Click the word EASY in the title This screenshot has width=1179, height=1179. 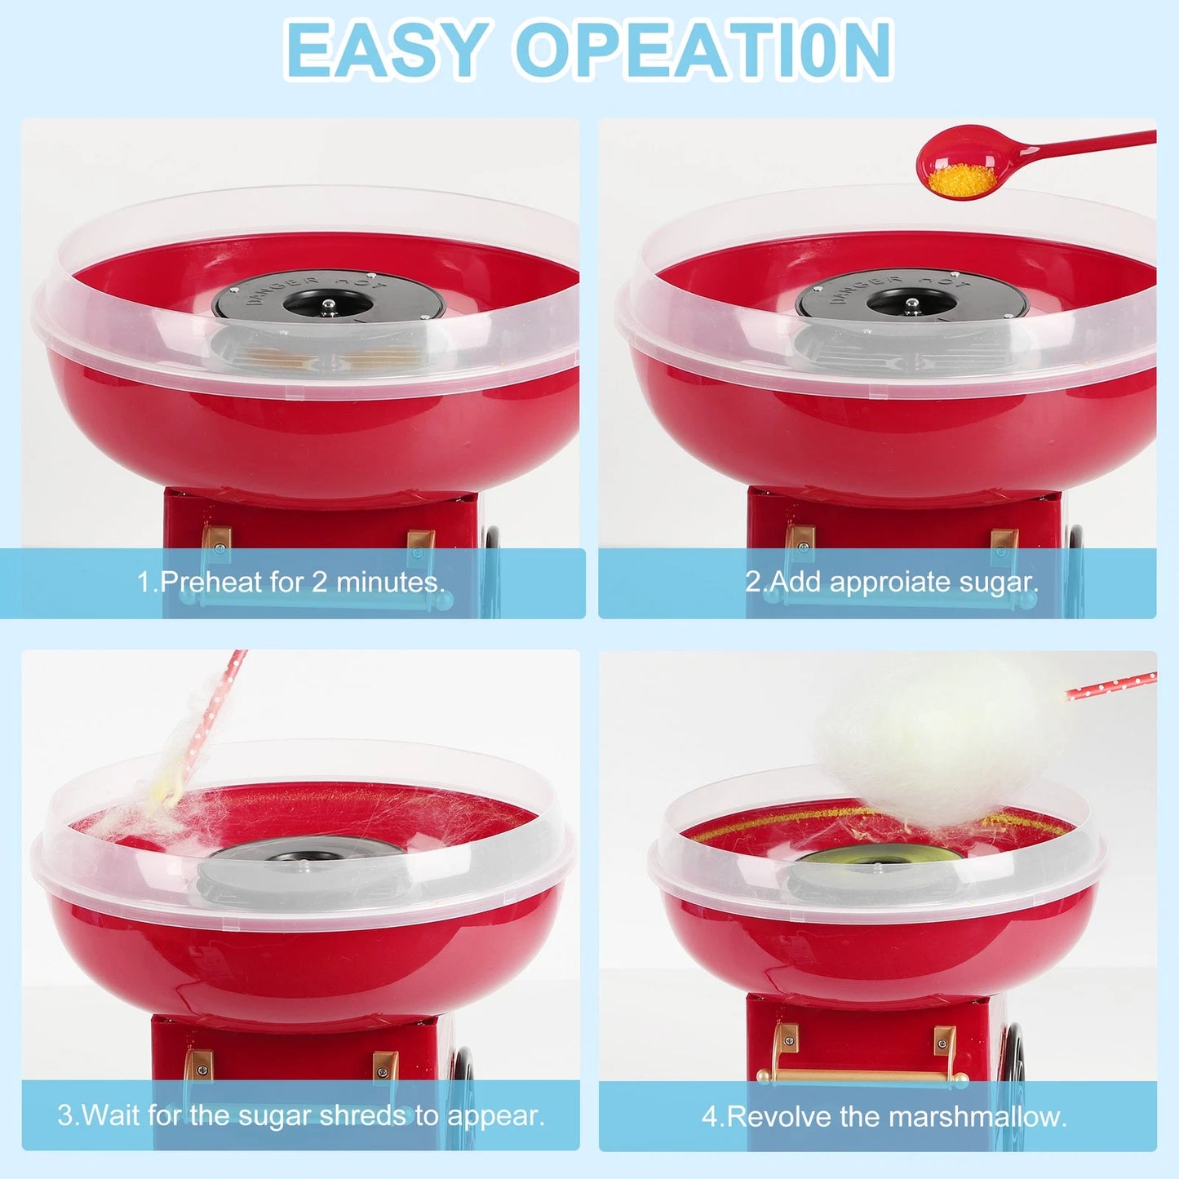pyautogui.click(x=387, y=50)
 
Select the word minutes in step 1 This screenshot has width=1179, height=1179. pyautogui.click(x=390, y=582)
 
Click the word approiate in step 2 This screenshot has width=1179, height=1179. pyautogui.click(x=889, y=582)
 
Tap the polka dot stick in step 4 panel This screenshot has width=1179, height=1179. pyautogui.click(x=1111, y=686)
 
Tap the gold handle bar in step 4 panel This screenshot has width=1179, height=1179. pyautogui.click(x=862, y=1075)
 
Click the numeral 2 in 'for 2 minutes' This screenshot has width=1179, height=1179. pyautogui.click(x=319, y=582)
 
